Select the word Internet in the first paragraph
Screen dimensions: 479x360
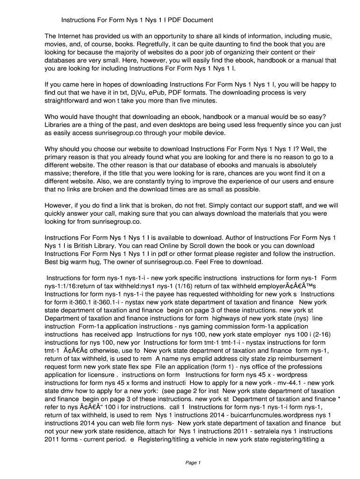72,36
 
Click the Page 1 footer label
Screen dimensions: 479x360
193,463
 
